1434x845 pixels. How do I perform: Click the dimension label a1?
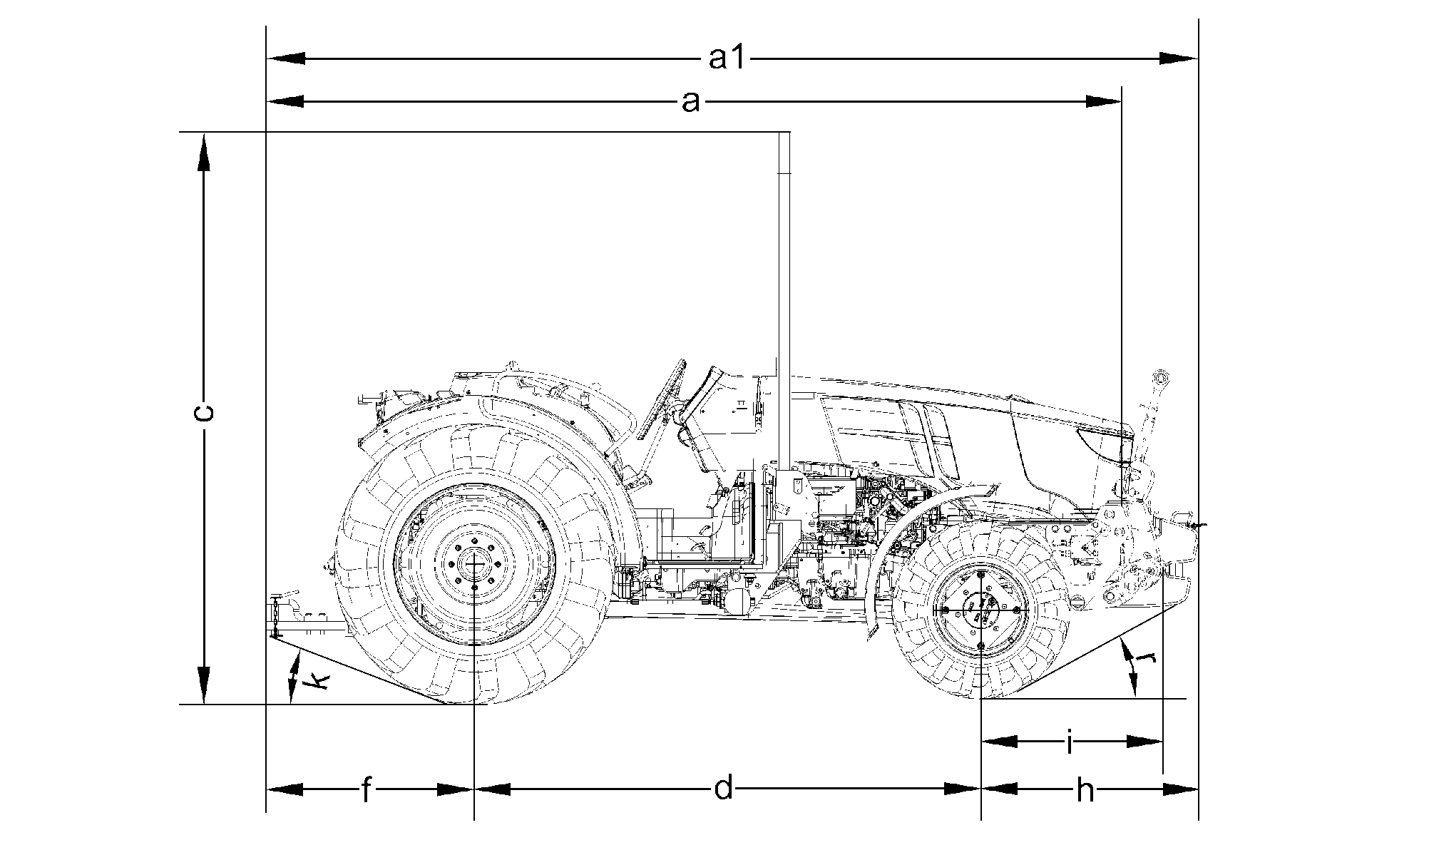727,58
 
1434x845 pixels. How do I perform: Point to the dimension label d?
724,789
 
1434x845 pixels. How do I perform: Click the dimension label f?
366,790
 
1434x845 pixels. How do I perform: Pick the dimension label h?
1085,790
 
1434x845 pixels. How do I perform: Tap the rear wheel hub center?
474,563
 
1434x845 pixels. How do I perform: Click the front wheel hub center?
981,610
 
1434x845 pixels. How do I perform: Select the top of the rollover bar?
784,133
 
